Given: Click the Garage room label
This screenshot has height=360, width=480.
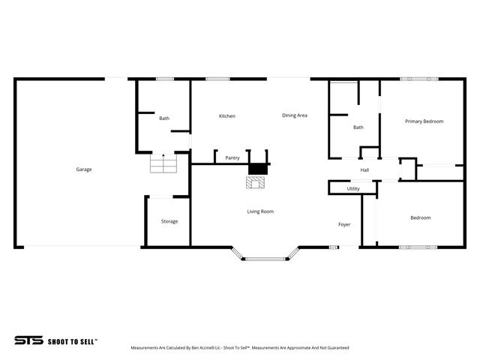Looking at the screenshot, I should (x=83, y=169).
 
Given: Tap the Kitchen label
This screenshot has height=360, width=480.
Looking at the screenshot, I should (x=226, y=116).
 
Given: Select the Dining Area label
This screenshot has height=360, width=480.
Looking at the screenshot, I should (x=295, y=115).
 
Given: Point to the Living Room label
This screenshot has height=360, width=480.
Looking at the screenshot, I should (x=260, y=211).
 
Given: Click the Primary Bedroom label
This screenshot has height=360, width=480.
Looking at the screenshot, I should (x=424, y=121).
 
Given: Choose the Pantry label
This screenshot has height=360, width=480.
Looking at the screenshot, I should (x=232, y=158).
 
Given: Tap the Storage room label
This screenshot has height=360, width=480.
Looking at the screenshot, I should (x=169, y=221).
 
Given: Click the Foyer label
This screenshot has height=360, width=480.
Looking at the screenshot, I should (x=344, y=224).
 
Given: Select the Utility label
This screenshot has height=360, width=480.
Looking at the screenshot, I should (x=353, y=189).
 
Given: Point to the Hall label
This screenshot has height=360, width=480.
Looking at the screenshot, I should (x=364, y=170).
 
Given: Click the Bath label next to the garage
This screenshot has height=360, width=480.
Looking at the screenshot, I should (x=163, y=118).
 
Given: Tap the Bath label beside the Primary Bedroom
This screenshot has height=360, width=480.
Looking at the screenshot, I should (x=358, y=127).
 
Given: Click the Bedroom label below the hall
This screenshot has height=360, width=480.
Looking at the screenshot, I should (x=420, y=218).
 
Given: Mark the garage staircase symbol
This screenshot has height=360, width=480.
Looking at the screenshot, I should (x=162, y=163).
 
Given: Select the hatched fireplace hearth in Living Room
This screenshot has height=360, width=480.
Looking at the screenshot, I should (x=256, y=182).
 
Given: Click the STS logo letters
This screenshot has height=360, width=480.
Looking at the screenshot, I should (x=28, y=340).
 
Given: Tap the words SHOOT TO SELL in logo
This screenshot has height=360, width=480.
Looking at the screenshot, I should (x=73, y=340).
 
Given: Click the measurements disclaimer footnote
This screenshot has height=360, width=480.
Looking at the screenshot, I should (x=240, y=348).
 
